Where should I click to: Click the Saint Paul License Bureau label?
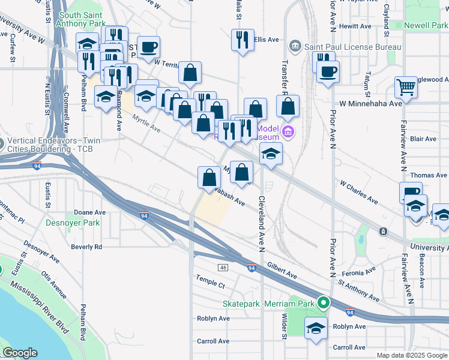(332, 46)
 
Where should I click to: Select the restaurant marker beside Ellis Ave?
(243, 40)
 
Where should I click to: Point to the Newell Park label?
(425, 26)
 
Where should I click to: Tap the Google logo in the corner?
(20, 353)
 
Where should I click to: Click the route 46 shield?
(223, 267)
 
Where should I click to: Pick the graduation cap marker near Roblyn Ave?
(316, 328)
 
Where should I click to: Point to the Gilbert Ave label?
(282, 269)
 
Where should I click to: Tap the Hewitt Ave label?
(355, 26)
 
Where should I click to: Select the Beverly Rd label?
(86, 247)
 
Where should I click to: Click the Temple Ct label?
(211, 285)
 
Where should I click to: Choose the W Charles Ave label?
(358, 191)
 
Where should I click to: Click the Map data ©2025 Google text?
(412, 355)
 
